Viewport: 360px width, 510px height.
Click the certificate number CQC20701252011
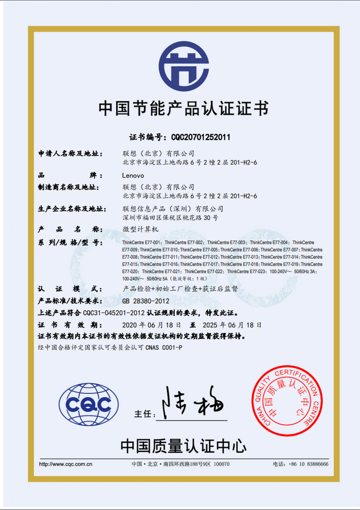201,137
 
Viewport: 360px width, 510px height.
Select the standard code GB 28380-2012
146,301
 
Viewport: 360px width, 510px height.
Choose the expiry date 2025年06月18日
234,325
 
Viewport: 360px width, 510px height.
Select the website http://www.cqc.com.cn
66,464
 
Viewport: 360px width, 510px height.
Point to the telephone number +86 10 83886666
307,464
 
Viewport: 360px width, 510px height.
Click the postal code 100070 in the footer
222,464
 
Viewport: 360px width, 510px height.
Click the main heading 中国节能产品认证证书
183,108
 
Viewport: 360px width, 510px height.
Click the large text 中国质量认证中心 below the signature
183,446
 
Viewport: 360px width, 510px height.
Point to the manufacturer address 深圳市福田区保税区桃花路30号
170,218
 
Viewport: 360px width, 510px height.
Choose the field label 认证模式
70,289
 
